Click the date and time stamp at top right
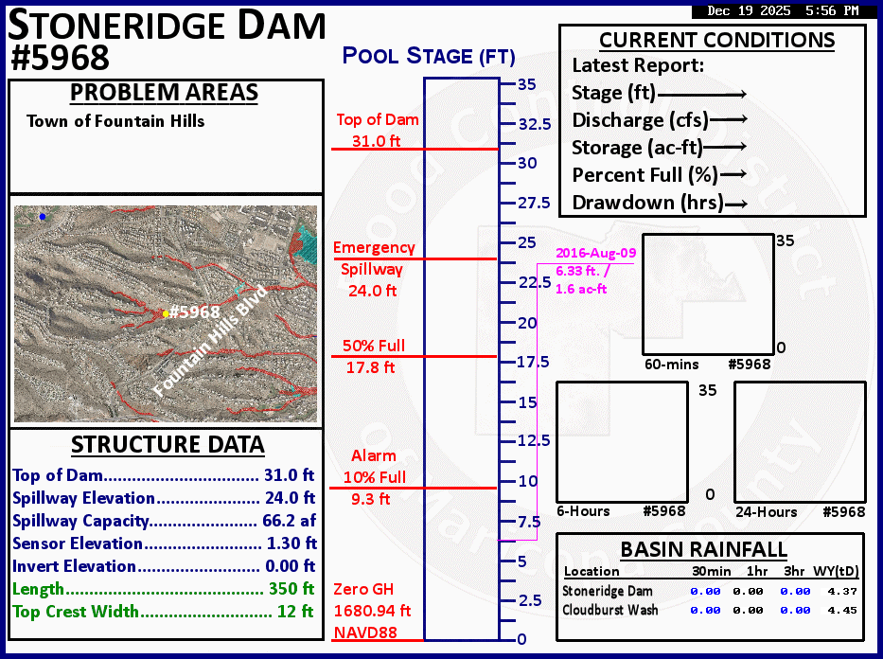coord(783,11)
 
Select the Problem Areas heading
coord(165,93)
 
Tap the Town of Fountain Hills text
coord(115,121)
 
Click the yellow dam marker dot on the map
coord(166,313)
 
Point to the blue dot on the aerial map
coord(42,217)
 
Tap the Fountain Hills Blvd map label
coord(210,341)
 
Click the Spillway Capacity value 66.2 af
coord(289,521)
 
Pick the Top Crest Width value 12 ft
coord(295,612)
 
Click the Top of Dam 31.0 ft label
coord(378,131)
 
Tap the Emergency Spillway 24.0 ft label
coord(374,269)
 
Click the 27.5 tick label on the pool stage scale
coord(533,204)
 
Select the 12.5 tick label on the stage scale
coord(533,441)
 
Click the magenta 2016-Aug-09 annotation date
coord(595,254)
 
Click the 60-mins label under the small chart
coord(671,365)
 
